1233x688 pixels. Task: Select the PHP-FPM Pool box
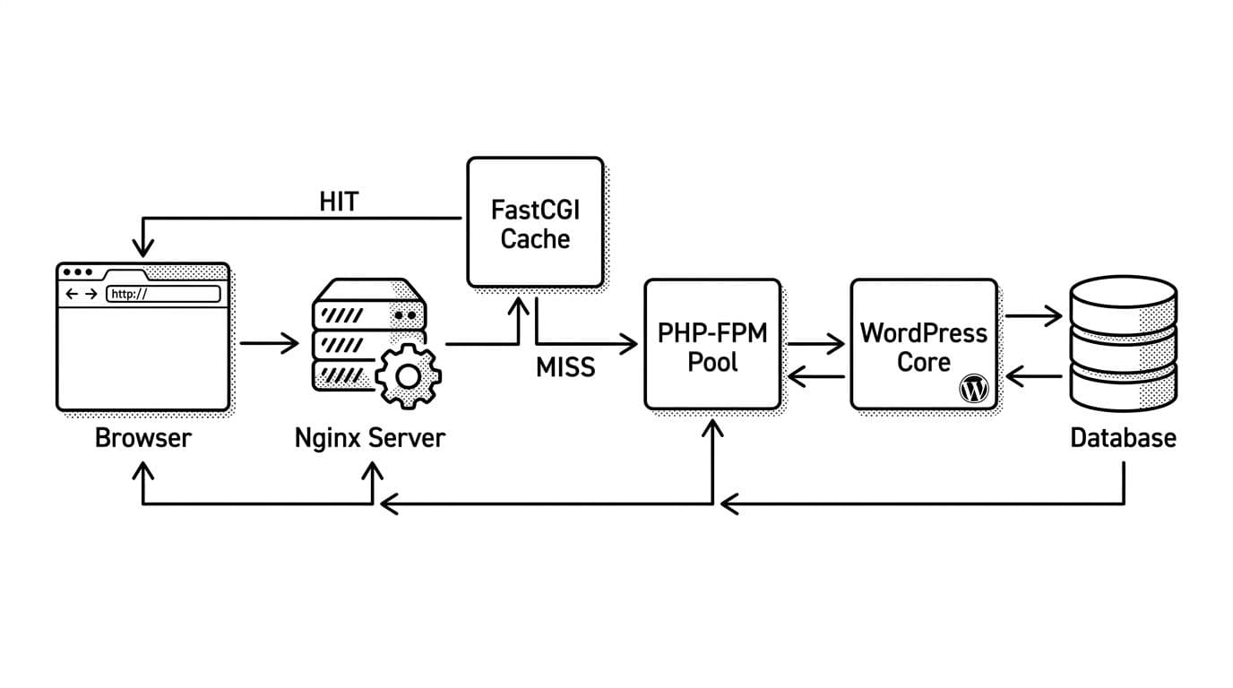[712, 344]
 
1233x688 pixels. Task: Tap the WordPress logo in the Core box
[973, 389]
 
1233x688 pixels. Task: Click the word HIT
[339, 202]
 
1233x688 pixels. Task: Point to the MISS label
[565, 367]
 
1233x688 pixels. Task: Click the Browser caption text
[143, 438]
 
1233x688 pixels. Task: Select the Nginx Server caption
[369, 438]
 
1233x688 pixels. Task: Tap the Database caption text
[1123, 438]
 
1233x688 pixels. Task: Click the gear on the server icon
[408, 376]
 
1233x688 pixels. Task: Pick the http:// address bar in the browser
[163, 294]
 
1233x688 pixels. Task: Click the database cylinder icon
[1123, 344]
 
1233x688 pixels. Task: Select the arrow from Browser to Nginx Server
[269, 342]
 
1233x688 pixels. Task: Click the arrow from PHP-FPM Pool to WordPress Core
[815, 343]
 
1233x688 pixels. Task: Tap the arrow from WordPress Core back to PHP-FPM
[815, 378]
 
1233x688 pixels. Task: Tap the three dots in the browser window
[78, 272]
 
